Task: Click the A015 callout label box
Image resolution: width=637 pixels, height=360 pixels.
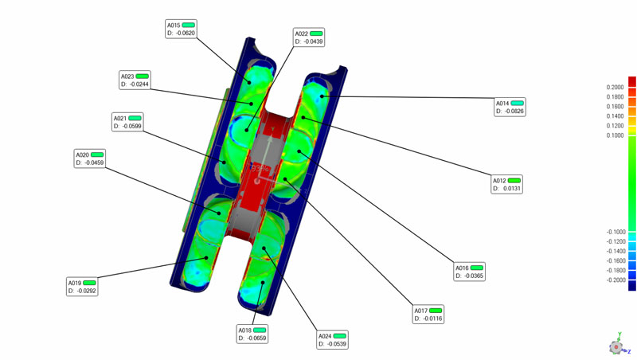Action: pos(182,29)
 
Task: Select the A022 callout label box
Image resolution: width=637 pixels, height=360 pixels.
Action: pos(309,37)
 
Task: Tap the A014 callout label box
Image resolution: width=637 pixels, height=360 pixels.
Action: pos(510,107)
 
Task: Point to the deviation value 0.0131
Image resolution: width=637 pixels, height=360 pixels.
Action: pos(511,189)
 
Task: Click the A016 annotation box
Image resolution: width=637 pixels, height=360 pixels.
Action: pos(469,272)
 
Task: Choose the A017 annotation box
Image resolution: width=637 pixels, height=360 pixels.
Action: pos(428,315)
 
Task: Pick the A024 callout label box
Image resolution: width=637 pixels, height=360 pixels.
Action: pos(332,339)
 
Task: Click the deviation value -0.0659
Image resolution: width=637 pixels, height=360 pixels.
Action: pos(257,338)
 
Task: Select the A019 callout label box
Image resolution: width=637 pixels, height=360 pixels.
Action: pos(82,287)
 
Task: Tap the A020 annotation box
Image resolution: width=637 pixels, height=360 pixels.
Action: pos(90,158)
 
